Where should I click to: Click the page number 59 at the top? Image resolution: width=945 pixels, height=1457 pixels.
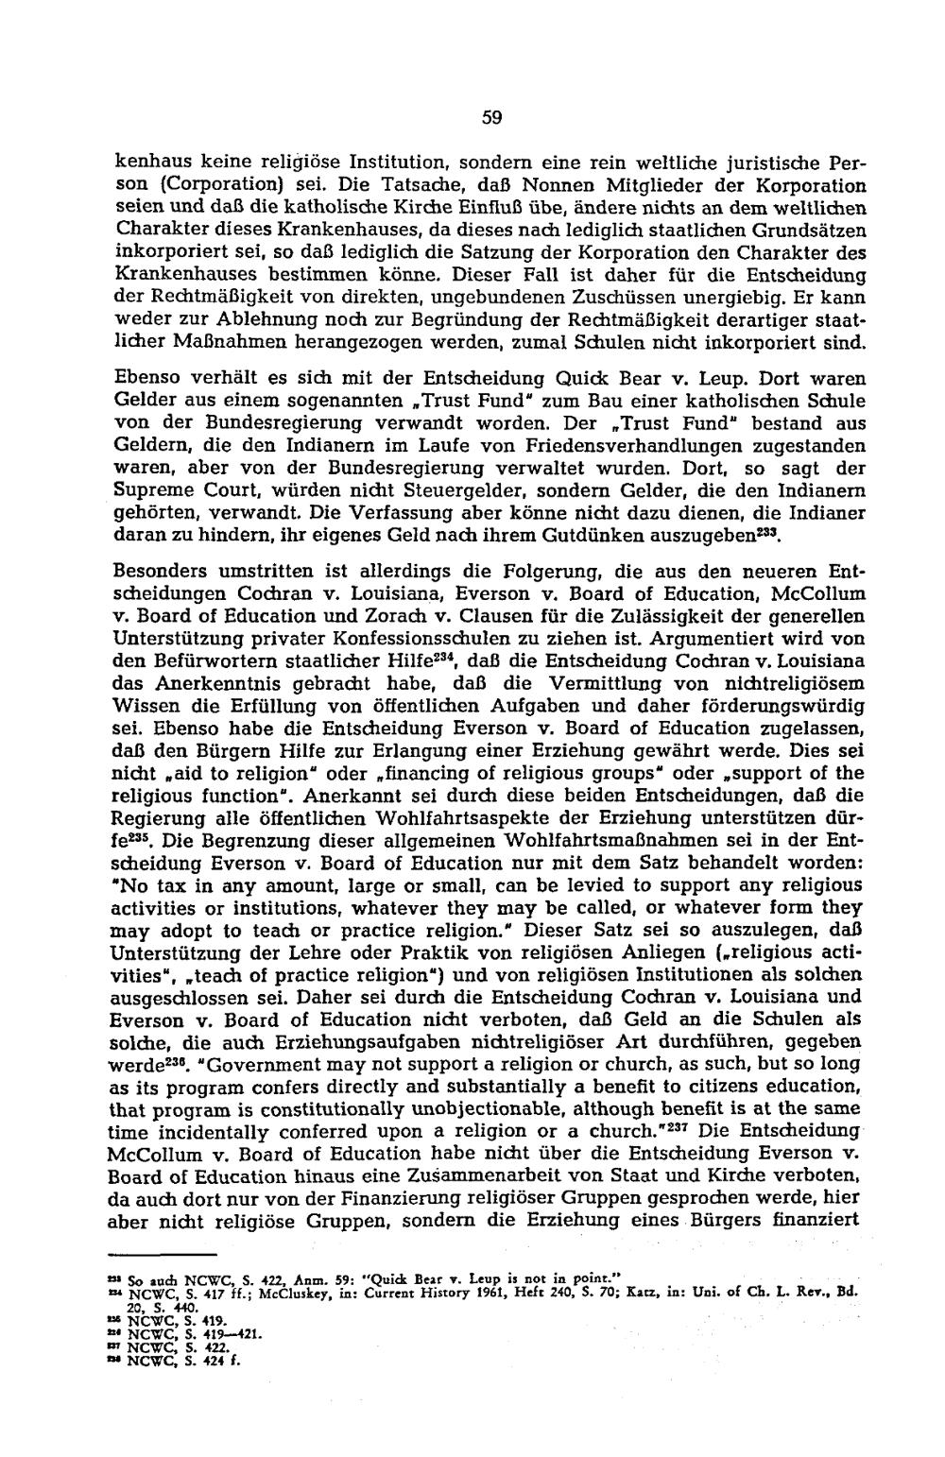(490, 118)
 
